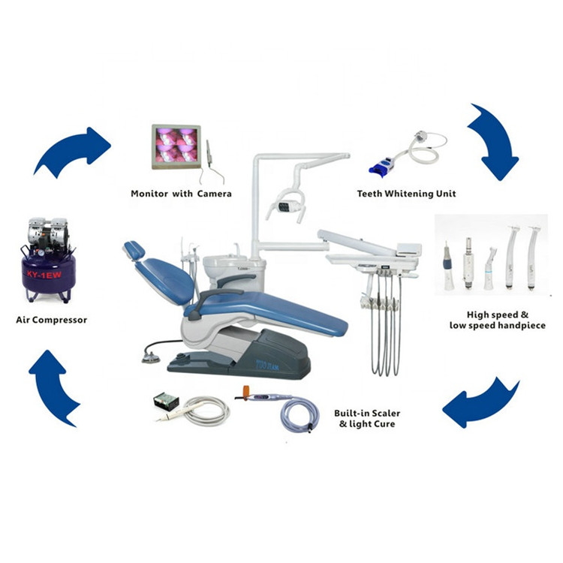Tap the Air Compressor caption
pos(52,320)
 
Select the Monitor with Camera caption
pos(182,194)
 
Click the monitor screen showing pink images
pos(176,146)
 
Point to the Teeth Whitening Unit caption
pos(406,194)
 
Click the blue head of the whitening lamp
pos(382,167)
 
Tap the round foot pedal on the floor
pos(151,357)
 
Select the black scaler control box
pos(165,400)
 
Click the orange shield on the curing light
pos(246,390)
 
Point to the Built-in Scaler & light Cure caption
pos(367,419)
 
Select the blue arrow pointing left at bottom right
pos(477,404)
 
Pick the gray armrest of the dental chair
pos(215,297)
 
